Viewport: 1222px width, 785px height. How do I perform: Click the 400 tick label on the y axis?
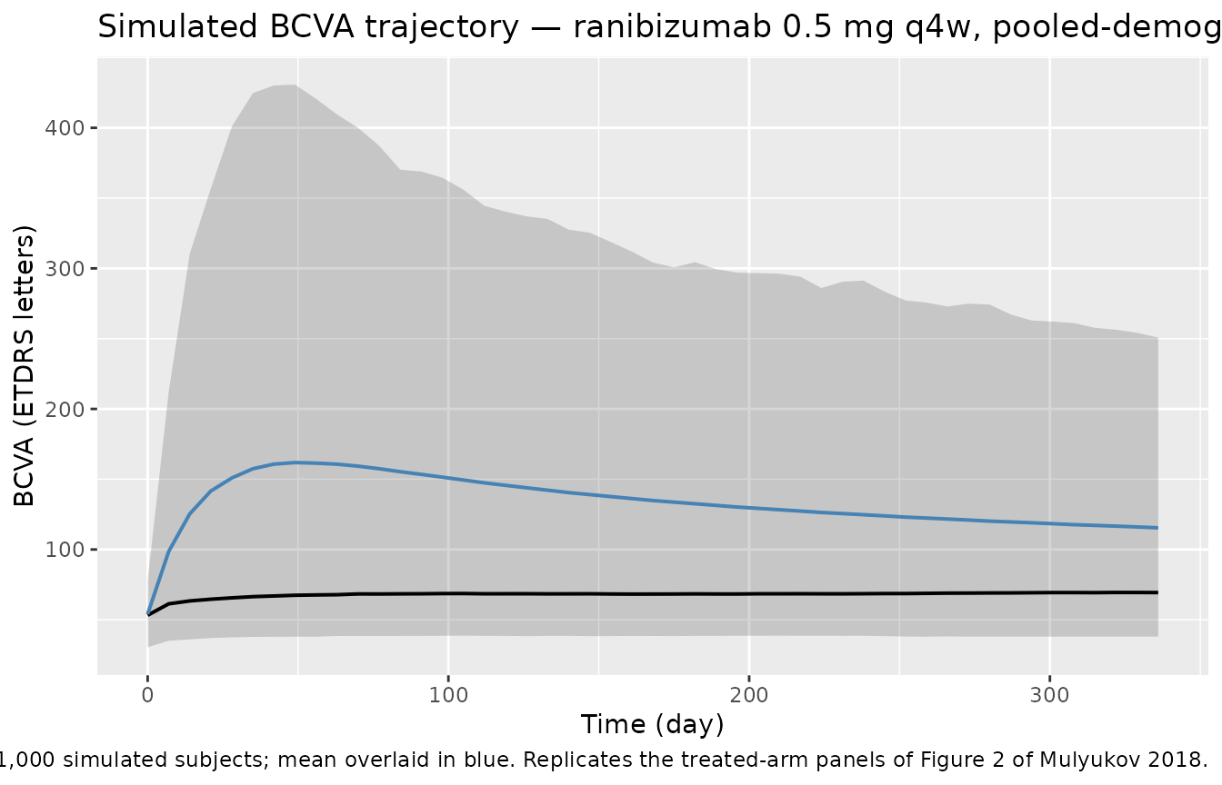67,128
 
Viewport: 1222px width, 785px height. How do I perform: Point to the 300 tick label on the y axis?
67,269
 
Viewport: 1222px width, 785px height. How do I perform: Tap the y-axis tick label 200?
67,409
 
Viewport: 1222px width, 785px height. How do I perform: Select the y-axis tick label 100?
67,550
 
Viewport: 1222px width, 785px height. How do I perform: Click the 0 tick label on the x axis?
147,697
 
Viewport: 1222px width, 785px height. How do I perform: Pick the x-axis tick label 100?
447,697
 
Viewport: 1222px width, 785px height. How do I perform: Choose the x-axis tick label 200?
748,697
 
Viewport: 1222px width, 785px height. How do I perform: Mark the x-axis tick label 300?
1049,697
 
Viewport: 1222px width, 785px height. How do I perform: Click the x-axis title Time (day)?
653,724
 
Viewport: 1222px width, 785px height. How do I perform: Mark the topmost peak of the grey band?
293,84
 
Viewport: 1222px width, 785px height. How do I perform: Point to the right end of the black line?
1157,592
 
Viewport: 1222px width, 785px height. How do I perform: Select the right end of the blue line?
1157,528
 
